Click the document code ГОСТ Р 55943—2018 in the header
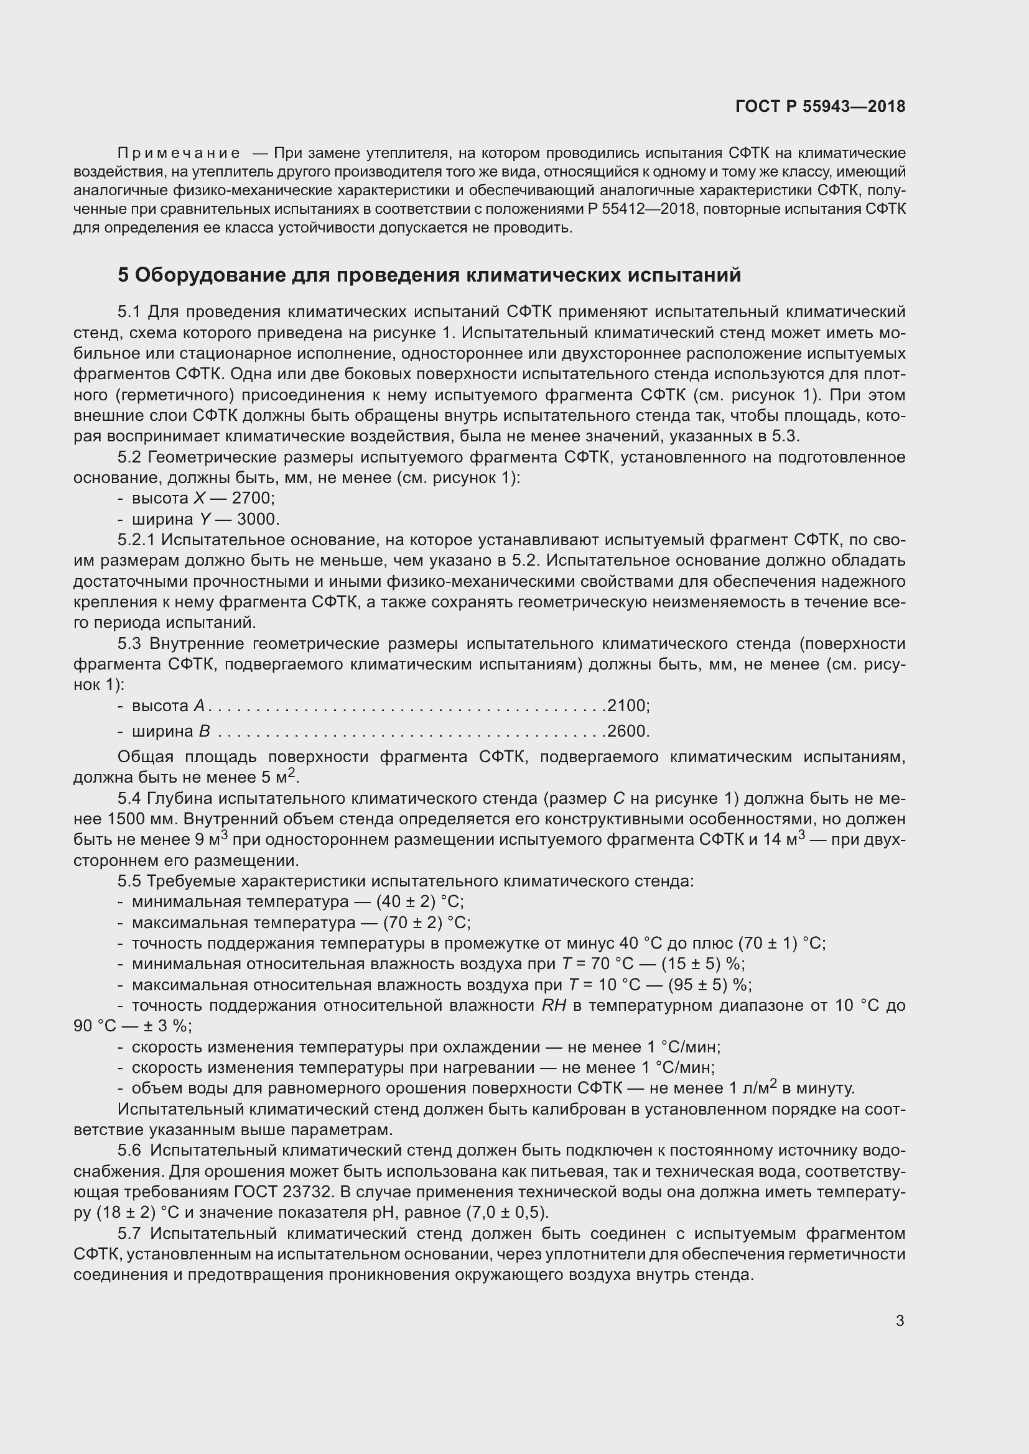820,106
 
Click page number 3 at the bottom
900,1320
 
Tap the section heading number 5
123,275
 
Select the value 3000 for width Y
258,519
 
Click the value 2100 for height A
626,706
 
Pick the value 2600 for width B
626,732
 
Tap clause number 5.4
130,799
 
